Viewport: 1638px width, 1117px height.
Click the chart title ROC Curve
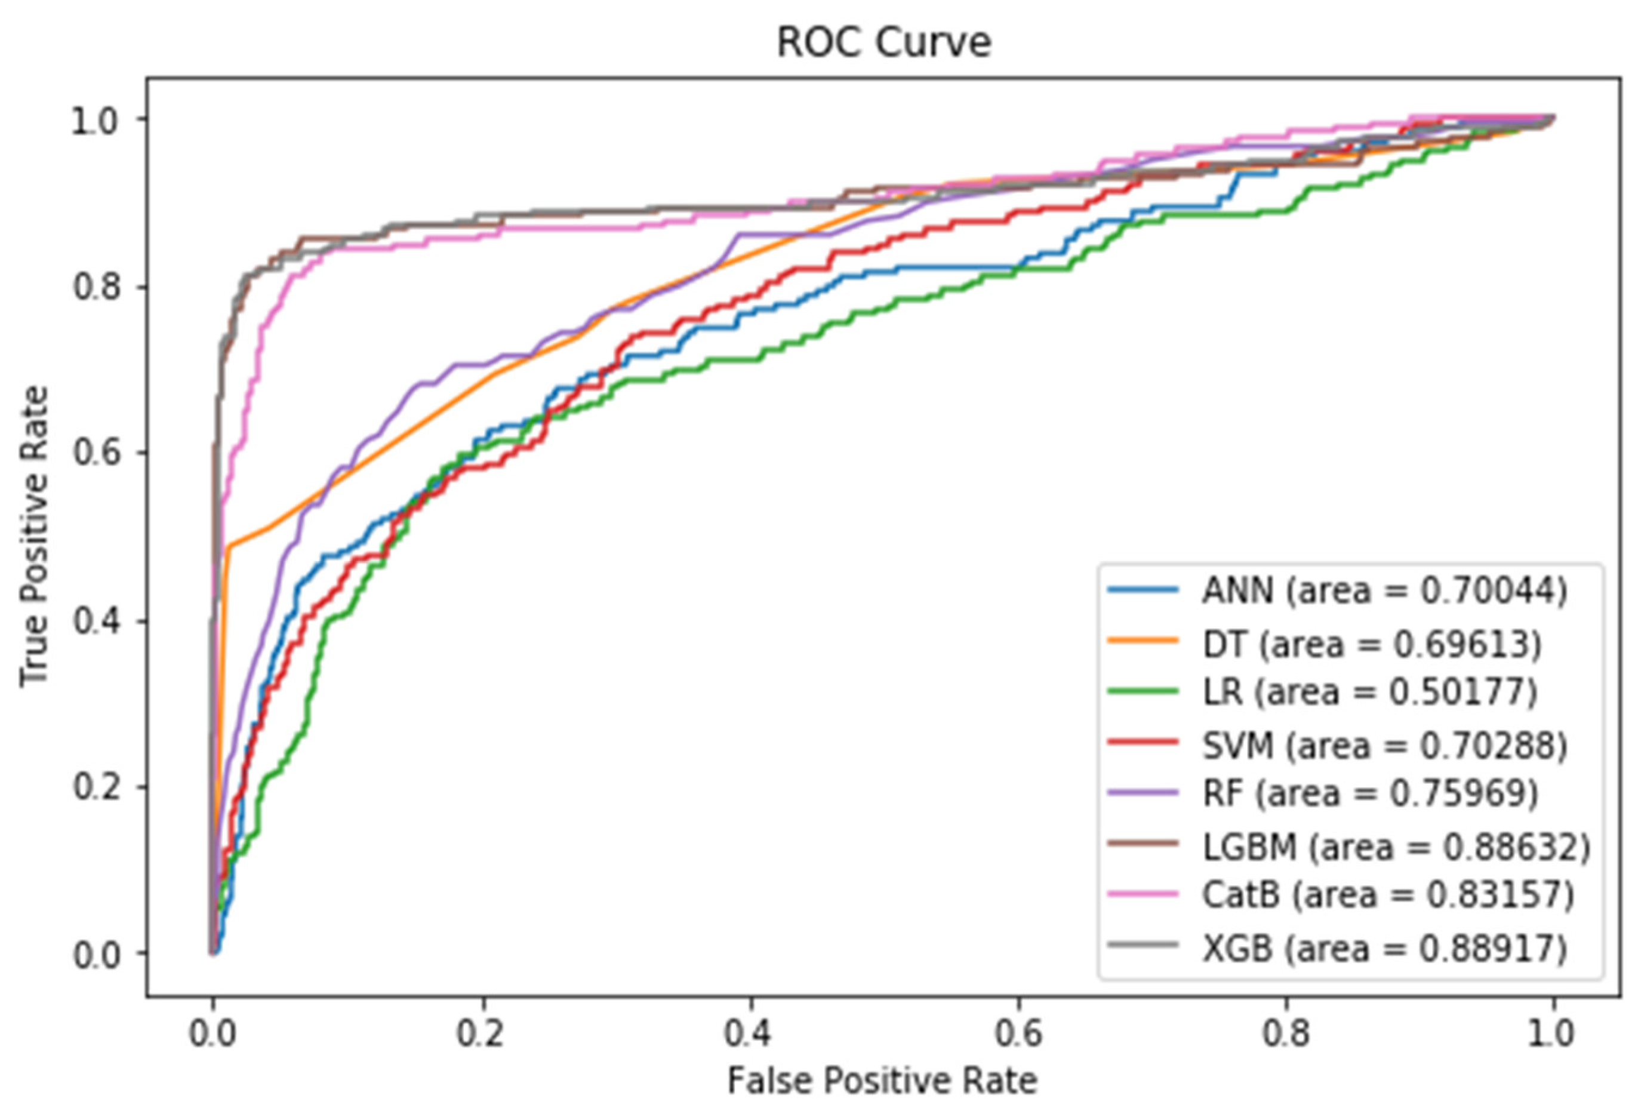(884, 42)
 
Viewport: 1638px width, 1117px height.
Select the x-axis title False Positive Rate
(882, 1081)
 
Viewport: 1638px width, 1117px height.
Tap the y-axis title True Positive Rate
(34, 536)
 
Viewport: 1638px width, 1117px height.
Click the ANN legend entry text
(1384, 590)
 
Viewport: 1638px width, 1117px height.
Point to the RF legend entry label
(1369, 793)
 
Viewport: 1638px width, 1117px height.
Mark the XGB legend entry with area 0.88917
(1384, 948)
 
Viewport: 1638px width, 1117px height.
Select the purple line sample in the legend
(1143, 793)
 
